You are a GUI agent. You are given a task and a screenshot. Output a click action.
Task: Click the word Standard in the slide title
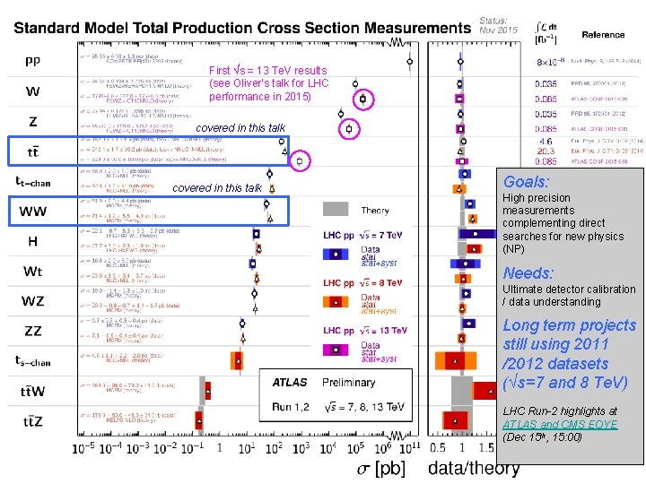(55, 29)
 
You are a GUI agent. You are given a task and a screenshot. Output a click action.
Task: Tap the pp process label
(31, 62)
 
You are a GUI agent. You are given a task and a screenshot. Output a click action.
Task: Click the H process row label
(32, 241)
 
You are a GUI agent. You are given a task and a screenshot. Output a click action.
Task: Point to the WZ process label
(33, 300)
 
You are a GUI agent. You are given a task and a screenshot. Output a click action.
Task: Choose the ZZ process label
(32, 331)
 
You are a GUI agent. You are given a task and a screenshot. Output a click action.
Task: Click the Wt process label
(32, 271)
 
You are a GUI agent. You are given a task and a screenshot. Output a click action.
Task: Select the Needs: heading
(528, 272)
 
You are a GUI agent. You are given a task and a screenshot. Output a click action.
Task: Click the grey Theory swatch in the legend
(336, 211)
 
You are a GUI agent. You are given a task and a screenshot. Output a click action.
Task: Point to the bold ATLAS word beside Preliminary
(290, 383)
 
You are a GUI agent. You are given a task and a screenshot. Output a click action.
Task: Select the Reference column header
(603, 35)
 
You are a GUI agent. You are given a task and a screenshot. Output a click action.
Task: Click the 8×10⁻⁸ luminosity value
(546, 63)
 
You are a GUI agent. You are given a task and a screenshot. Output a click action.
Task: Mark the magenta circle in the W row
(362, 98)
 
